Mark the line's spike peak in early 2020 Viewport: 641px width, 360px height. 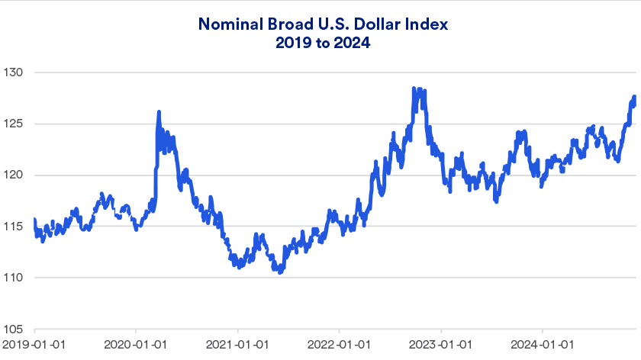click(159, 112)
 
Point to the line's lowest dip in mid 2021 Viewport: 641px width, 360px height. click(280, 272)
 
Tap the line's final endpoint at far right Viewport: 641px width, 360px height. click(635, 97)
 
